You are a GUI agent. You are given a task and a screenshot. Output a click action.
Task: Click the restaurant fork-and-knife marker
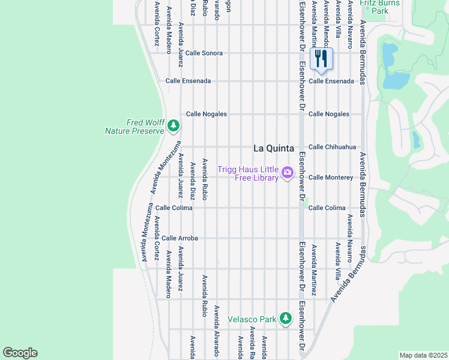click(x=321, y=59)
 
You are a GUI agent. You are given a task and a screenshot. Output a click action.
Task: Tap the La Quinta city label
click(x=274, y=148)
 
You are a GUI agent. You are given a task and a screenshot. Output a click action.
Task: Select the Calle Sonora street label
click(x=203, y=53)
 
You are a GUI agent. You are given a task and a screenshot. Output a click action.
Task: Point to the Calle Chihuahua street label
click(x=332, y=147)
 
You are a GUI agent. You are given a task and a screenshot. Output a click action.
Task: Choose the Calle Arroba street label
click(x=179, y=238)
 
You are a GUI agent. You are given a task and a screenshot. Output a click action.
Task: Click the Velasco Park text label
click(x=252, y=319)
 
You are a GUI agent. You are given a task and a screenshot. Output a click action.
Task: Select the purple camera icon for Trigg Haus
click(x=288, y=173)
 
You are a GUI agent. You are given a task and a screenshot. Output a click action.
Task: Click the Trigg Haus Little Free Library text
click(x=248, y=173)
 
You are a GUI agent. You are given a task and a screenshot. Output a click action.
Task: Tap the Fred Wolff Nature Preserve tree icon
click(x=173, y=125)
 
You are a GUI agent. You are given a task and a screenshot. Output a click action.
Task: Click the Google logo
click(x=20, y=353)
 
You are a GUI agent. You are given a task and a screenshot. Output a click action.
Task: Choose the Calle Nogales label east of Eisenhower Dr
click(x=328, y=114)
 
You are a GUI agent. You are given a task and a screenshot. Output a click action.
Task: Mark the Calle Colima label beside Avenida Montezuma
click(x=174, y=208)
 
